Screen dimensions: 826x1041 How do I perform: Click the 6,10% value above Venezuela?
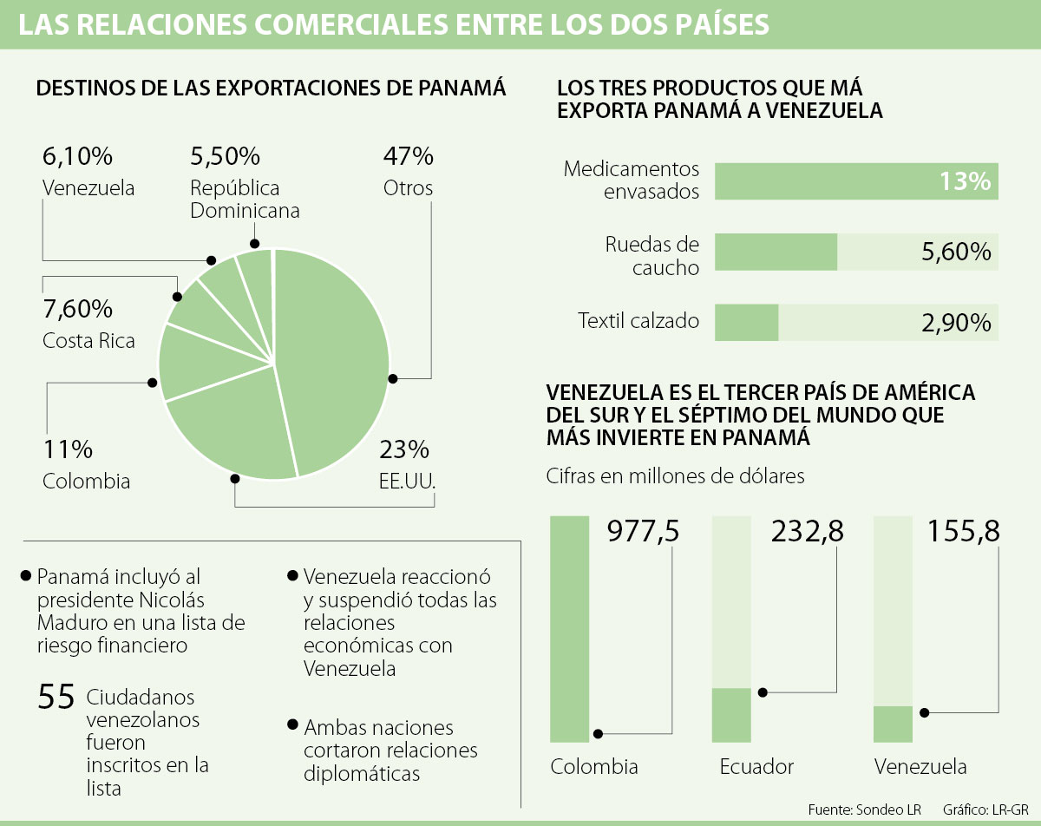77,156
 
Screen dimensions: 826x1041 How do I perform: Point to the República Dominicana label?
245,200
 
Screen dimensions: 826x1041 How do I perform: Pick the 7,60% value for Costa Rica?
77,308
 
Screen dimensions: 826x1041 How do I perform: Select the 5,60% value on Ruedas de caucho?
954,252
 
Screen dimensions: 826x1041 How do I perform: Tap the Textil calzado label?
638,321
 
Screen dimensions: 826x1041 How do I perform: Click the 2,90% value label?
954,323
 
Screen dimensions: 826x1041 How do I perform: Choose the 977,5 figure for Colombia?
643,530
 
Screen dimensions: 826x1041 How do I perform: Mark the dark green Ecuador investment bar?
731,715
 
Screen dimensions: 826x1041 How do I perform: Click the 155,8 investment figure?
964,530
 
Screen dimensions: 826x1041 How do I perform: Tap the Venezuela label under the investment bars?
920,767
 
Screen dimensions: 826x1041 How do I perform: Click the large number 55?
56,698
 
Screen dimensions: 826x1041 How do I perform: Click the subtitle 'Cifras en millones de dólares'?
676,476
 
